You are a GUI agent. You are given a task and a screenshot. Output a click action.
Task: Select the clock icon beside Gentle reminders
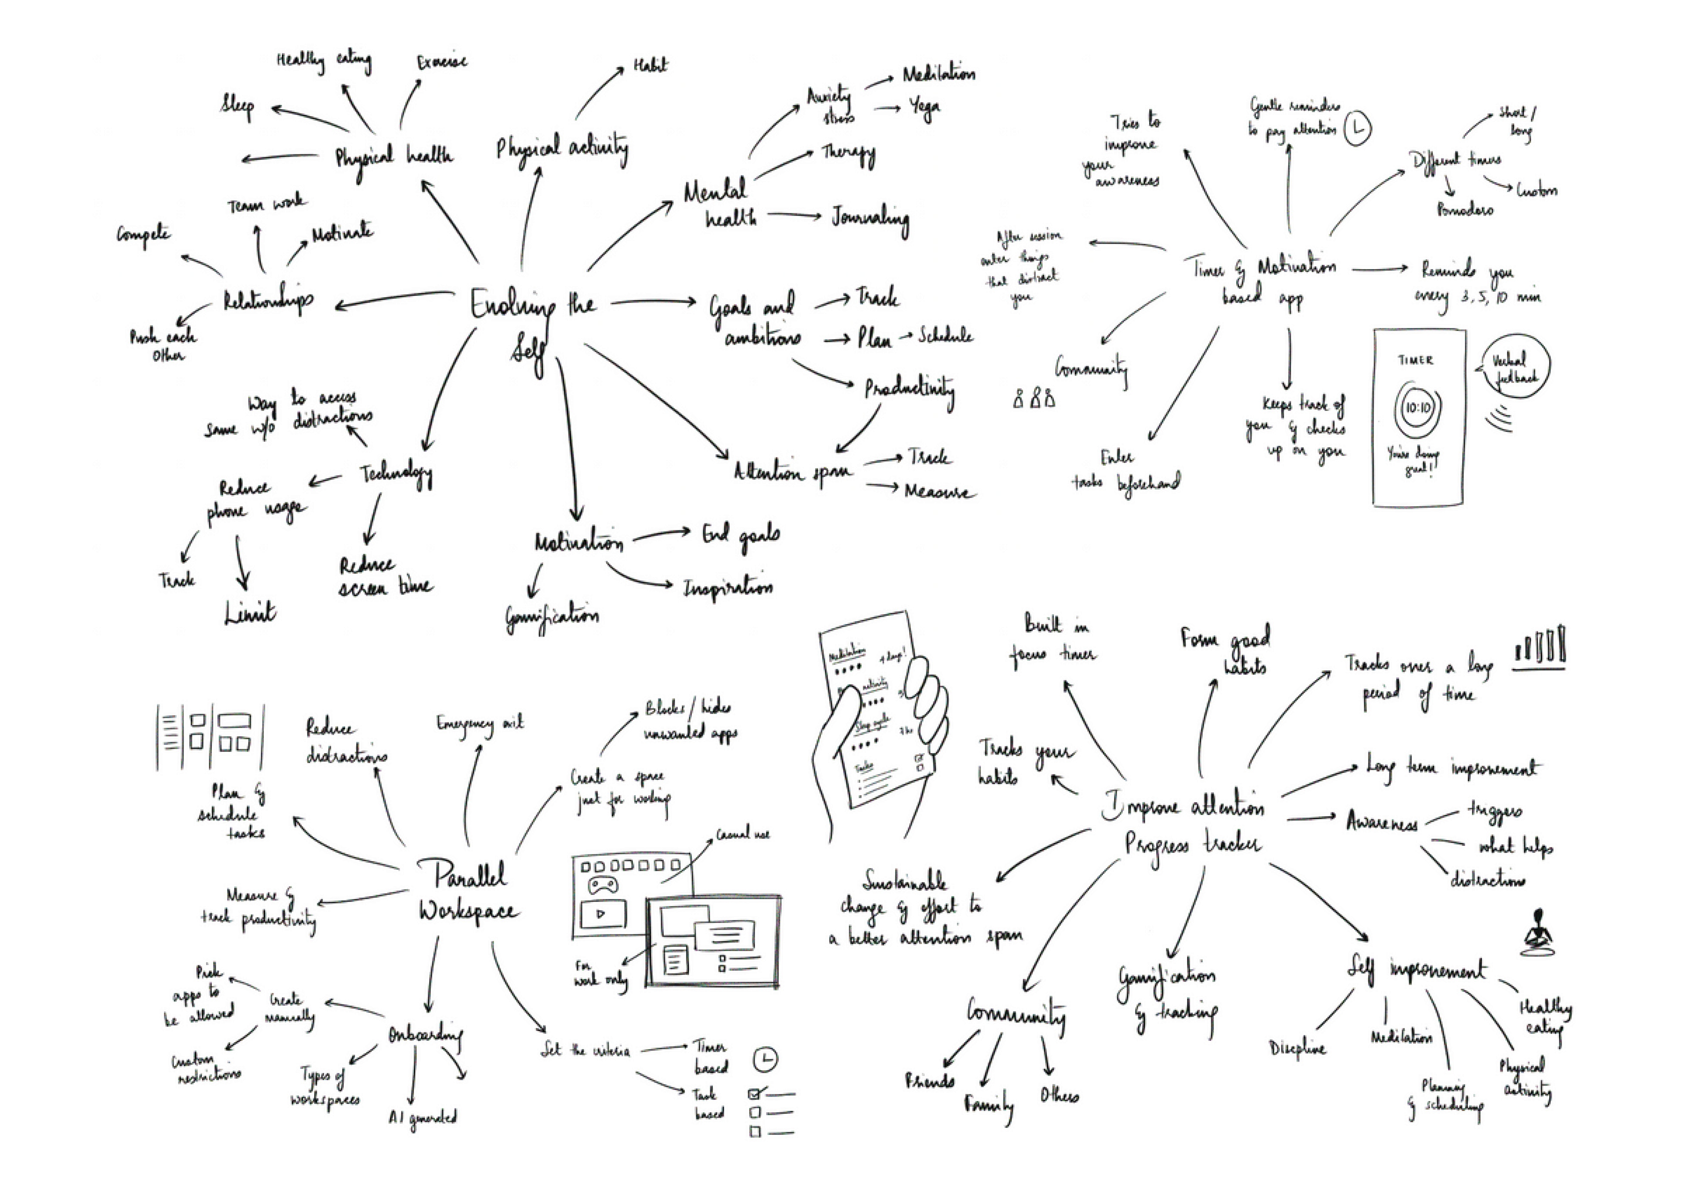[x=1358, y=128]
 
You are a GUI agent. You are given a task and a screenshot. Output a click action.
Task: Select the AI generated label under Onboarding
[x=423, y=1117]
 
